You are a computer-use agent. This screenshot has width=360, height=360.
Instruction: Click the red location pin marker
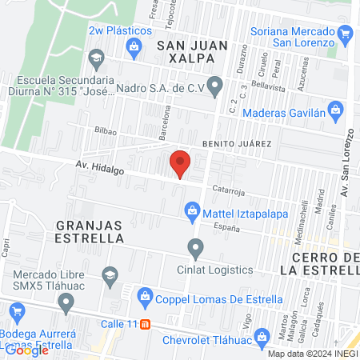pyautogui.click(x=181, y=164)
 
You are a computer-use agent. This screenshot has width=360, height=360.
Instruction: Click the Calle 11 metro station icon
pyautogui.click(x=145, y=325)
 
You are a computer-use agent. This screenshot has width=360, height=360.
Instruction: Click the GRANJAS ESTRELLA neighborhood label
pyautogui.click(x=90, y=231)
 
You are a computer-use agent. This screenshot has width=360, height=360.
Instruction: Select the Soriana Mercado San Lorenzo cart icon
pyautogui.click(x=346, y=34)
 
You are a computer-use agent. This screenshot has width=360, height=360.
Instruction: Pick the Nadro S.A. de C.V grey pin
pyautogui.click(x=214, y=85)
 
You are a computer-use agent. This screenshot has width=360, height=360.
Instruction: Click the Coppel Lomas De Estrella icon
pyautogui.click(x=145, y=295)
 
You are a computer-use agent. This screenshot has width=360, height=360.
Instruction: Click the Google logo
pyautogui.click(x=27, y=350)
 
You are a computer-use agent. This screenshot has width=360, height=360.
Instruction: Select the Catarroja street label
pyautogui.click(x=228, y=190)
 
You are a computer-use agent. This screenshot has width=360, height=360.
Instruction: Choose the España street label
pyautogui.click(x=226, y=228)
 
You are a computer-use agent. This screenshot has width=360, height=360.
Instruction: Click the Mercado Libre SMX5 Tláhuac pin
pyautogui.click(x=67, y=302)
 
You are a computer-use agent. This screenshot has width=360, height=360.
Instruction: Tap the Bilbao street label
pyautogui.click(x=106, y=130)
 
